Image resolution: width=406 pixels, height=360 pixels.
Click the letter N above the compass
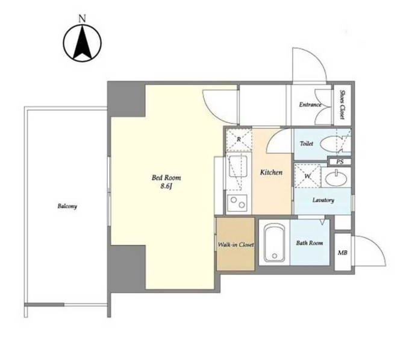[x=82, y=19]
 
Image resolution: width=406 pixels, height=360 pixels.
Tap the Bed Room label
[x=166, y=178]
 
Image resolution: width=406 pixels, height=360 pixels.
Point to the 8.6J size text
[x=166, y=186]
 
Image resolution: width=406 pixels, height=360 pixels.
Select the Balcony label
[x=67, y=206]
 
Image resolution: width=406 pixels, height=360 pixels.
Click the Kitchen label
[x=271, y=172]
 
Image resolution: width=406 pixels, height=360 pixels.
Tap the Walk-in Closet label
[x=236, y=244]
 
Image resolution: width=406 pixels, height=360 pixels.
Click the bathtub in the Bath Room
[x=275, y=243]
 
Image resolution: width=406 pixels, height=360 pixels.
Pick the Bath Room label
[x=310, y=243]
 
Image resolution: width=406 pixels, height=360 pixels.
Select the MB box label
[x=342, y=253]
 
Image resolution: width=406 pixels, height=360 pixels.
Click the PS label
[x=340, y=162]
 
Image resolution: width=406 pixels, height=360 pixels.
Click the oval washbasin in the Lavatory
[x=336, y=178]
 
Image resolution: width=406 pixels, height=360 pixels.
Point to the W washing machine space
[x=307, y=175]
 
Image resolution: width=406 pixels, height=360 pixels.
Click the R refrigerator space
[x=239, y=139]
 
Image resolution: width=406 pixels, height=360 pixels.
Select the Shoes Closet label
[x=342, y=104]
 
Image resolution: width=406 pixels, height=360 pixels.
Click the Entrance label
[x=310, y=105]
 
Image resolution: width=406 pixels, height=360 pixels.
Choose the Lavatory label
[x=323, y=200]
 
